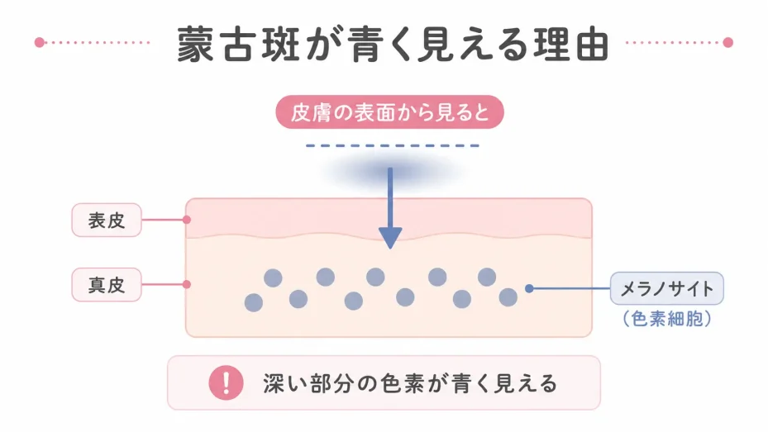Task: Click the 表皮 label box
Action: [107, 221]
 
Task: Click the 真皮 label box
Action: [107, 285]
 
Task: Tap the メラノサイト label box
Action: [666, 288]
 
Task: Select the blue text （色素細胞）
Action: [666, 319]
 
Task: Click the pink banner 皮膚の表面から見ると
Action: [390, 112]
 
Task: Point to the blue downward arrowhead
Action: [390, 238]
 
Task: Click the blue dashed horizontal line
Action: [393, 145]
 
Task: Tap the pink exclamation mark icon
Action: [226, 382]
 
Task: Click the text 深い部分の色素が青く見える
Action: [410, 383]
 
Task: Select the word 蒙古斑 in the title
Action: [238, 45]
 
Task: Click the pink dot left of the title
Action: [40, 43]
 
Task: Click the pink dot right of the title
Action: [728, 43]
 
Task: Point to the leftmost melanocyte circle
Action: [254, 303]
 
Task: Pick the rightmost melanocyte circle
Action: [508, 297]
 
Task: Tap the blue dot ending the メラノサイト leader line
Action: [529, 288]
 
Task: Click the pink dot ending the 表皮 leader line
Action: [187, 220]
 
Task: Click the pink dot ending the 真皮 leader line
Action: [187, 284]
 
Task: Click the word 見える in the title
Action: [472, 45]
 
